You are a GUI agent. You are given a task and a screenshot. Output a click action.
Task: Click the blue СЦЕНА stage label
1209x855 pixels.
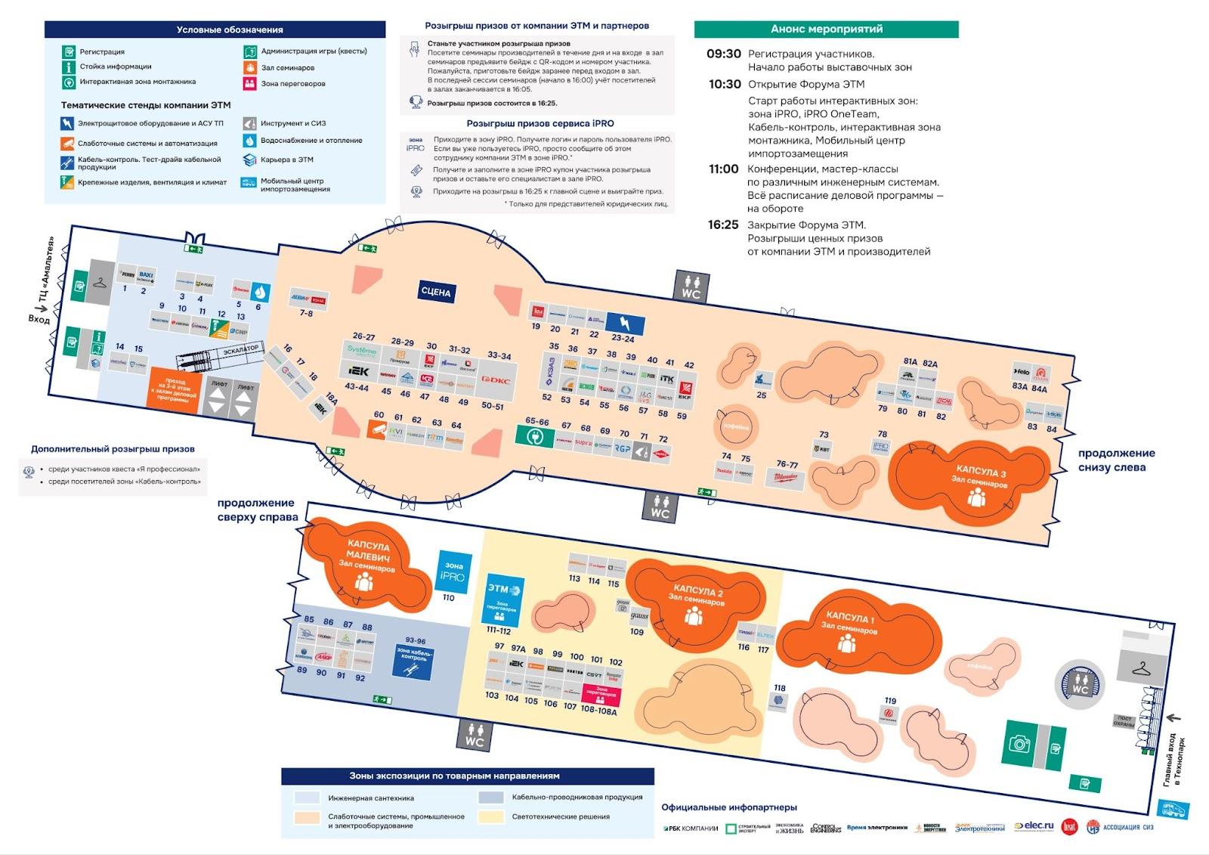pos(436,292)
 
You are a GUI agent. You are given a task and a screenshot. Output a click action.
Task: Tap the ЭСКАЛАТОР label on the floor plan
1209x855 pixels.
pos(241,351)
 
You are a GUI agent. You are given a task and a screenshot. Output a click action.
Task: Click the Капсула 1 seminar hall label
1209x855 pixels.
pos(850,622)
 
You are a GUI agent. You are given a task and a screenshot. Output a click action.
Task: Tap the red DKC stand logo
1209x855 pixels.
pos(496,380)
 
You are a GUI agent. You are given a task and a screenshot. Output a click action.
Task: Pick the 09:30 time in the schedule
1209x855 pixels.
pos(723,54)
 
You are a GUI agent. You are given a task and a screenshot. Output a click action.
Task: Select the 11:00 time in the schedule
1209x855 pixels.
pos(723,169)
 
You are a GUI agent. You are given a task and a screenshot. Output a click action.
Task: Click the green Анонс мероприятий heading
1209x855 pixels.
pos(826,29)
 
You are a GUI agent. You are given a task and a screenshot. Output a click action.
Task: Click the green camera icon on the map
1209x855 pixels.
pos(1019,744)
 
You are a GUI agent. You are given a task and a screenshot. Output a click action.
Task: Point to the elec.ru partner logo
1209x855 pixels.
pos(1033,827)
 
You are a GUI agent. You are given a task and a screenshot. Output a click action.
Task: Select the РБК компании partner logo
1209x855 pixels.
pos(691,829)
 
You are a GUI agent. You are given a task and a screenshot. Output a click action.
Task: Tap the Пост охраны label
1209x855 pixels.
pos(1124,721)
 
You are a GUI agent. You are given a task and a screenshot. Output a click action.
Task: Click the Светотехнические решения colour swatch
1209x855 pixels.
pos(492,816)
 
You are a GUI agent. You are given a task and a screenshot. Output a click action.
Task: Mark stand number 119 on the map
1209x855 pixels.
pos(890,701)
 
